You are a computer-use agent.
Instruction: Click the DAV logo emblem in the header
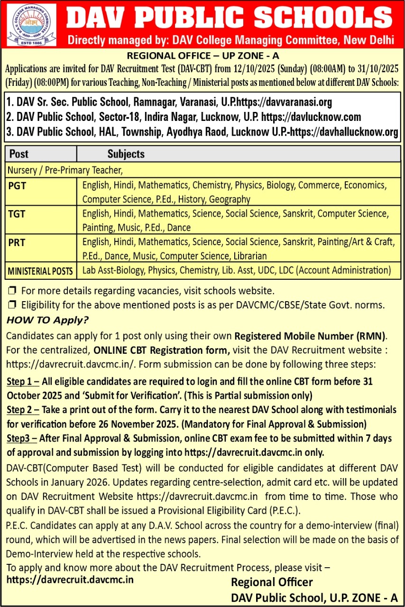(32, 25)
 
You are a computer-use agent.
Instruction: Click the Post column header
(19, 154)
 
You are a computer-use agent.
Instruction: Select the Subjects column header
(126, 154)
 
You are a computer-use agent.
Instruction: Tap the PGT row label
(18, 186)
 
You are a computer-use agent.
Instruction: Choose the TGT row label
(17, 214)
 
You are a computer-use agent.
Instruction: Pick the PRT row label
(17, 243)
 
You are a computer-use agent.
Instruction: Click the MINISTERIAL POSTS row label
(40, 271)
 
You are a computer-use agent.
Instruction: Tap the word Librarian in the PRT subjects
(250, 256)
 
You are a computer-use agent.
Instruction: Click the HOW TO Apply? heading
(47, 320)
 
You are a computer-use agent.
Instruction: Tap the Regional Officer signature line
(272, 582)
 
